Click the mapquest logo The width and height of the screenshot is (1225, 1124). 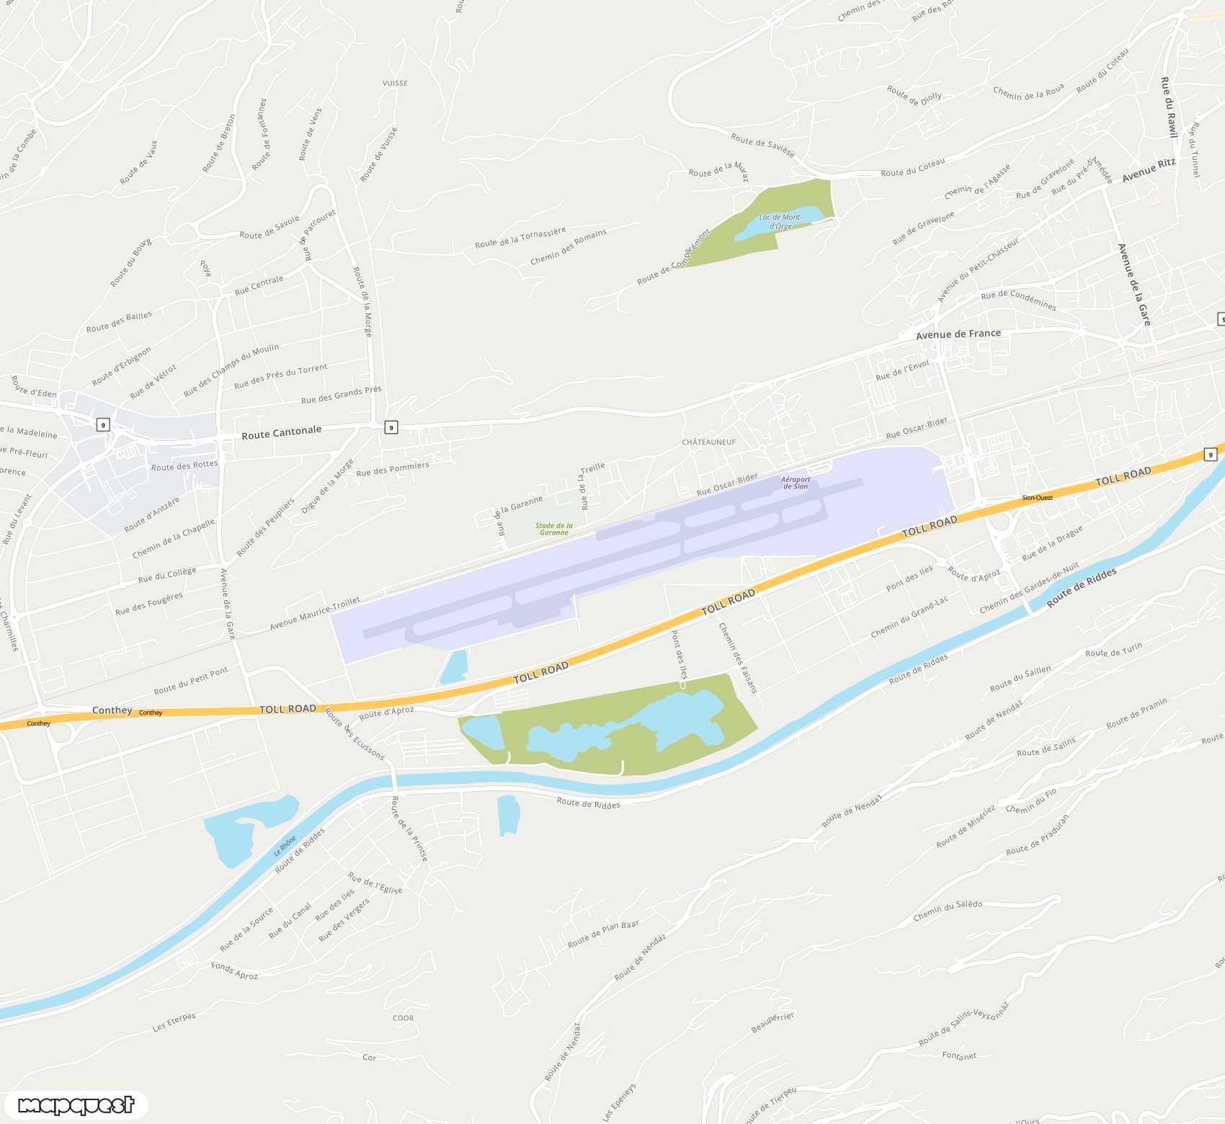pyautogui.click(x=76, y=1105)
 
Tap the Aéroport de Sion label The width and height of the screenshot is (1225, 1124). pyautogui.click(x=796, y=483)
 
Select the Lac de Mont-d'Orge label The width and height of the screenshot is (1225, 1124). pyautogui.click(x=780, y=221)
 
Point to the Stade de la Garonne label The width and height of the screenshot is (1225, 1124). pyautogui.click(x=554, y=529)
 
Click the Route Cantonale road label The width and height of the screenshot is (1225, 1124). pyautogui.click(x=281, y=432)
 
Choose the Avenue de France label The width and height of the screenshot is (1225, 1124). pyautogui.click(x=958, y=334)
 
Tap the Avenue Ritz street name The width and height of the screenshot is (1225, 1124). pyautogui.click(x=1148, y=170)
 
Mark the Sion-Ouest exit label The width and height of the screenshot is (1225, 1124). pyautogui.click(x=1037, y=498)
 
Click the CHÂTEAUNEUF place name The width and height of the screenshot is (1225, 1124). pyautogui.click(x=709, y=442)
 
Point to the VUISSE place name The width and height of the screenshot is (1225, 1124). pyautogui.click(x=395, y=84)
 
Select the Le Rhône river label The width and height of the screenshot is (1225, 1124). pyautogui.click(x=285, y=846)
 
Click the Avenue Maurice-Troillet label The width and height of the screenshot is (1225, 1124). pyautogui.click(x=315, y=613)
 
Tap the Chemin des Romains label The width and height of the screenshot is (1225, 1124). pyautogui.click(x=569, y=246)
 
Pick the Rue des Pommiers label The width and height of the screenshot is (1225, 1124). pyautogui.click(x=393, y=469)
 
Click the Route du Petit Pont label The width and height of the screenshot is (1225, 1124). pyautogui.click(x=191, y=679)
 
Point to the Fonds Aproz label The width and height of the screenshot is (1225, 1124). pyautogui.click(x=234, y=970)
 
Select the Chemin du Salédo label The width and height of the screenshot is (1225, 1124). pyautogui.click(x=948, y=910)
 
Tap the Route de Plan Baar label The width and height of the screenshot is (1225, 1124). pyautogui.click(x=603, y=933)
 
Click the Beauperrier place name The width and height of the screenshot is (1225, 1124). pyautogui.click(x=772, y=1022)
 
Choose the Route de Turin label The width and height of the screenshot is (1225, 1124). pyautogui.click(x=1113, y=650)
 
